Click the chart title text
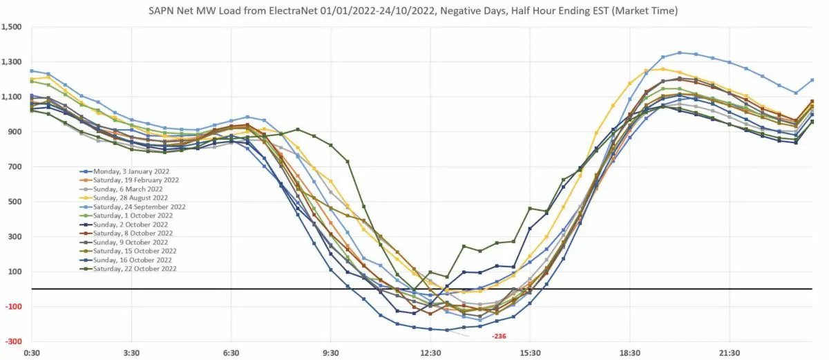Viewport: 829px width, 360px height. pos(414,11)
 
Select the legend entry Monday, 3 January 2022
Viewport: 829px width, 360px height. pos(127,171)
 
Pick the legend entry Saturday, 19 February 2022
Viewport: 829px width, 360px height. pos(132,180)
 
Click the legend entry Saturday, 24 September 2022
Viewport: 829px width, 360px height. pos(135,207)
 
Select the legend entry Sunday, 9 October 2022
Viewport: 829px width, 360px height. pos(127,242)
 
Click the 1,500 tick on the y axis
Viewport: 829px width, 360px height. pos(12,27)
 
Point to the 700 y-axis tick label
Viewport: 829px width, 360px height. pos(15,167)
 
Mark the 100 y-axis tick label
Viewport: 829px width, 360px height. pos(15,272)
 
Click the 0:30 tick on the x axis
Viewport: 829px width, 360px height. pos(32,353)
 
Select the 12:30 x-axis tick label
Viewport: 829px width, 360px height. pos(430,353)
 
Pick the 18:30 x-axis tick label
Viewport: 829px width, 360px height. pos(630,353)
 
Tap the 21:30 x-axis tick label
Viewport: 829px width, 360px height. pos(730,353)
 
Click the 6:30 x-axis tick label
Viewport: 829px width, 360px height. pos(231,353)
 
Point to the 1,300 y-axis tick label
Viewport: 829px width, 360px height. pos(12,62)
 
